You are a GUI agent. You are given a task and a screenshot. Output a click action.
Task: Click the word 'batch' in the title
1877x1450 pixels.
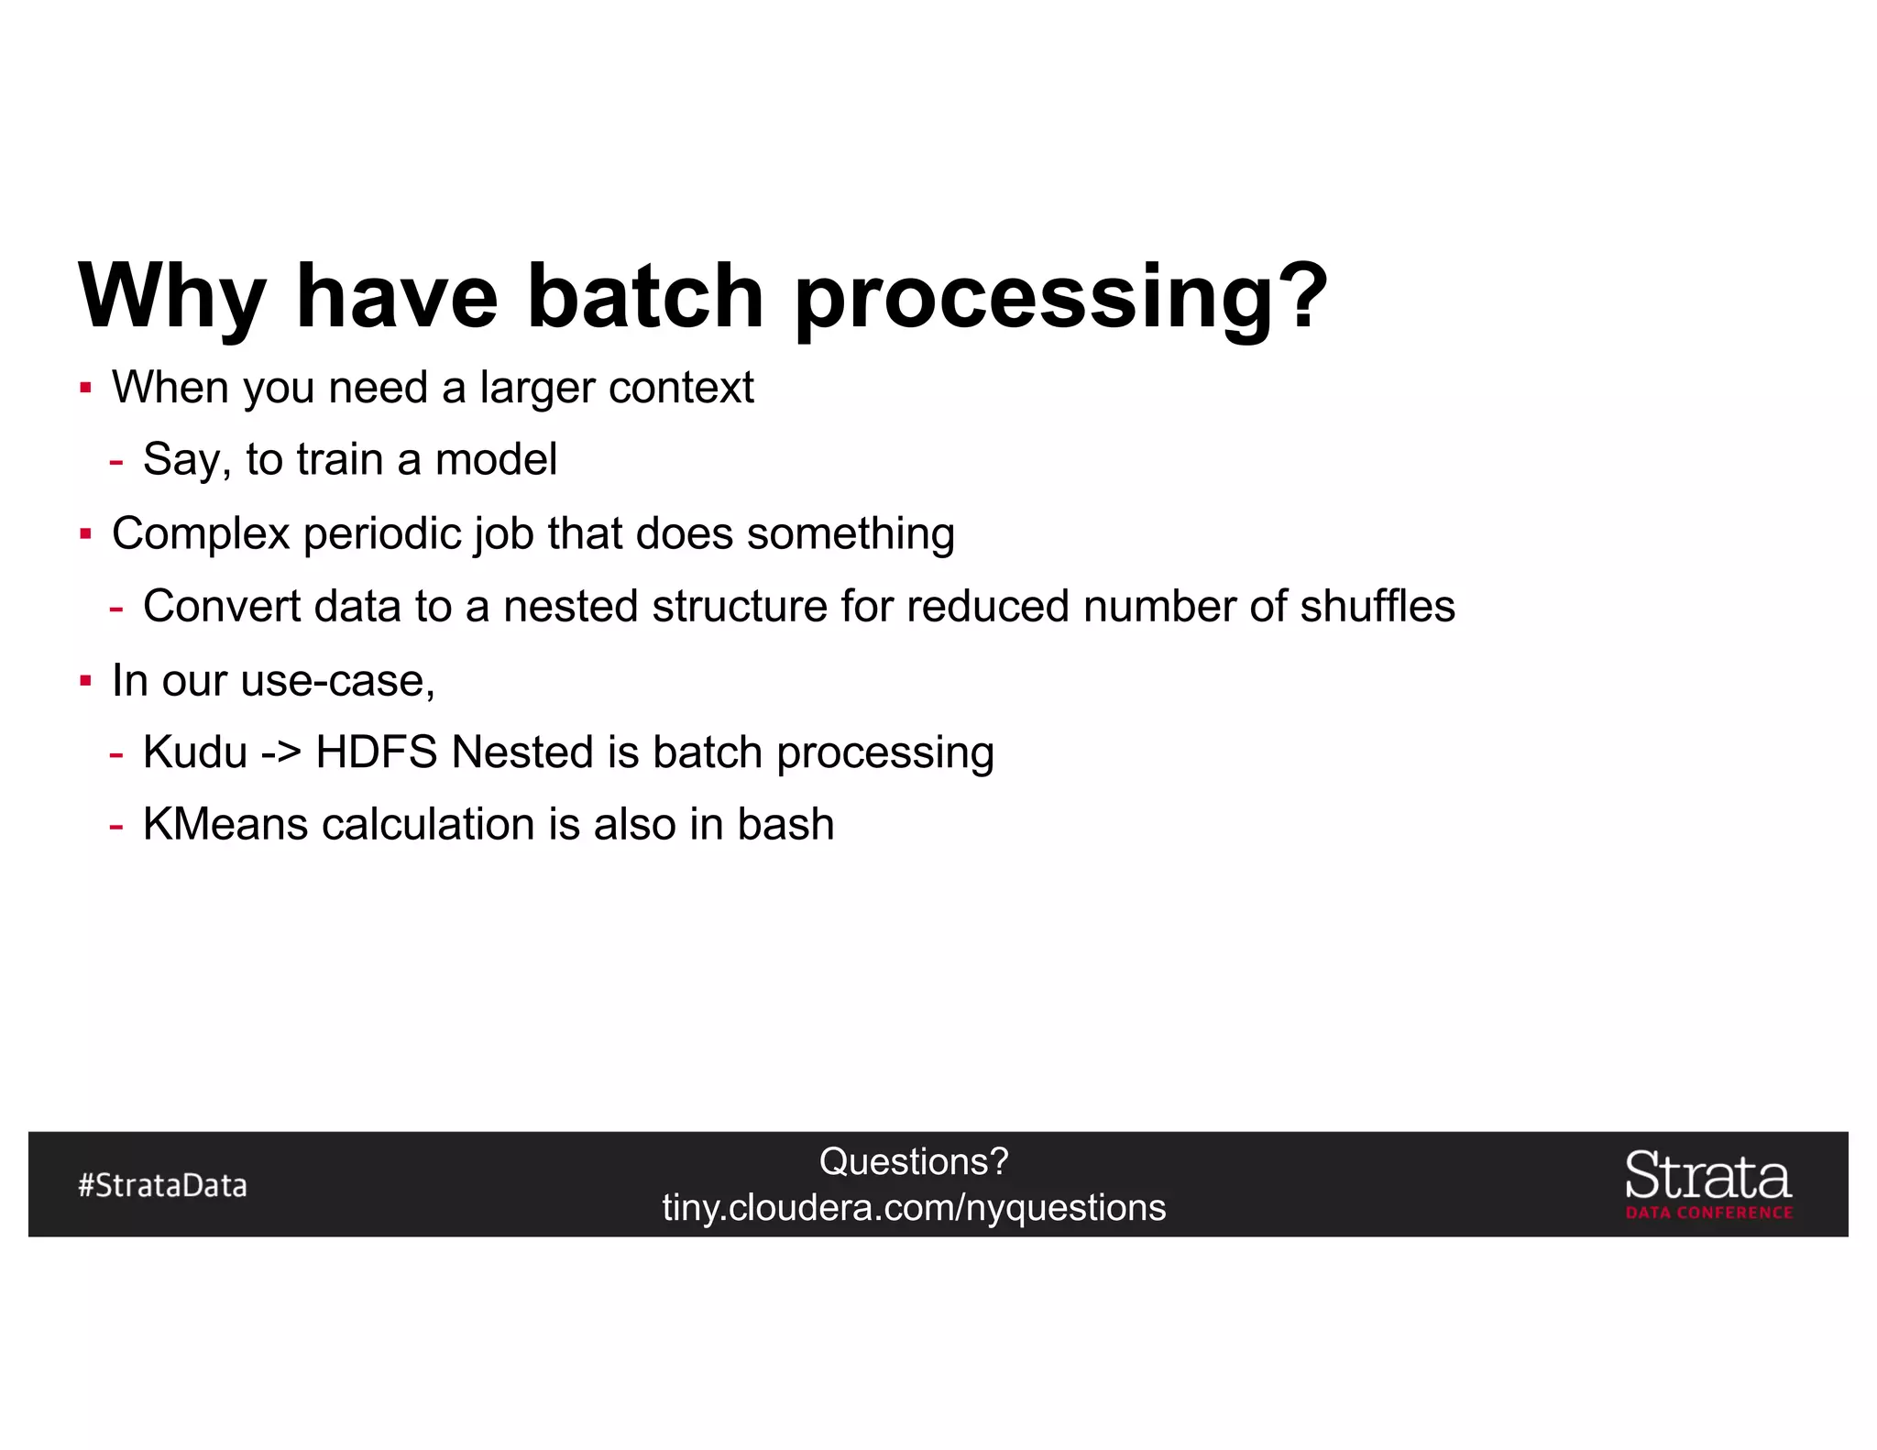[x=645, y=295]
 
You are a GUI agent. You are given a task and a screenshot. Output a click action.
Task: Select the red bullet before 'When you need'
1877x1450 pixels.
[x=85, y=388]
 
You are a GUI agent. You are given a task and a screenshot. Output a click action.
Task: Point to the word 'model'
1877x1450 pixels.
[x=496, y=459]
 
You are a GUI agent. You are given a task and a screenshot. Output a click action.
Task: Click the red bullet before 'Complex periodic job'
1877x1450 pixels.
[x=85, y=533]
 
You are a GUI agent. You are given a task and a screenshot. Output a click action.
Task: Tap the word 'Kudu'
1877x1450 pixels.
[x=195, y=752]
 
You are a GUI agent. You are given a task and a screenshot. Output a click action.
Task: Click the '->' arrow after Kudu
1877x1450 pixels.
[x=281, y=753]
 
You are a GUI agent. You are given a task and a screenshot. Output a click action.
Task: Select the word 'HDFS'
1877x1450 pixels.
[x=376, y=752]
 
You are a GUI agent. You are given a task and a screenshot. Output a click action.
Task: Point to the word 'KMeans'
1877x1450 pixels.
[x=225, y=824]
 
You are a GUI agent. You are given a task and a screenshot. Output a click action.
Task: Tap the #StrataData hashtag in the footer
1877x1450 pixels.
[x=162, y=1185]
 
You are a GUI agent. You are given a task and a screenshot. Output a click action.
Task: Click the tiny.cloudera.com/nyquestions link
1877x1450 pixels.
[x=914, y=1208]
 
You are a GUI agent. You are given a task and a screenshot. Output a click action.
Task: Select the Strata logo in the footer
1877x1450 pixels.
[x=1707, y=1183]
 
